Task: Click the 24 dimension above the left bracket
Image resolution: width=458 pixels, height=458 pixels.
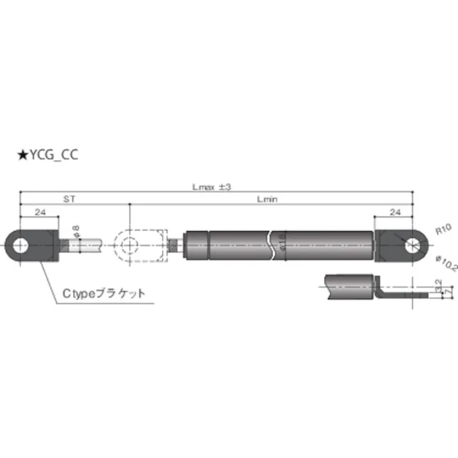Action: (x=39, y=212)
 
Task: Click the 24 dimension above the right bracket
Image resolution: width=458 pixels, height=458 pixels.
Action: (x=394, y=212)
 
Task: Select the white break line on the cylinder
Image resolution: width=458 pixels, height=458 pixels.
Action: (x=274, y=245)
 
